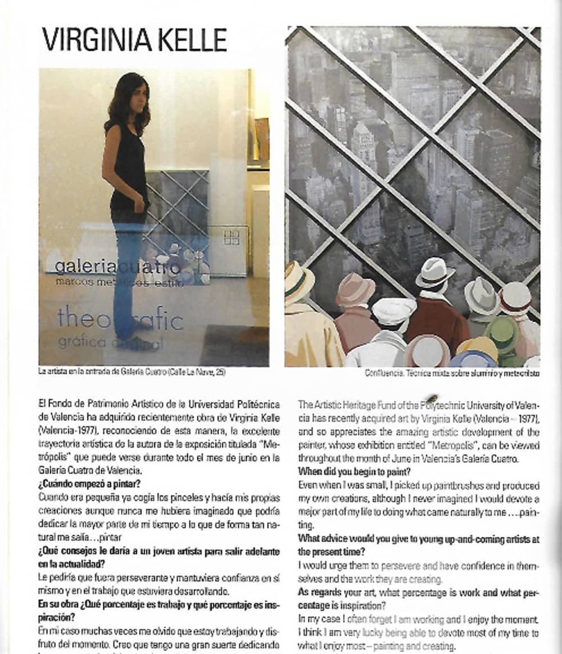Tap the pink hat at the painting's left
tap(355, 290)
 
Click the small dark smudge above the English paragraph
tap(432, 399)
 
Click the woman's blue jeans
tap(126, 276)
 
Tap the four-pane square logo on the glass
tap(231, 237)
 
